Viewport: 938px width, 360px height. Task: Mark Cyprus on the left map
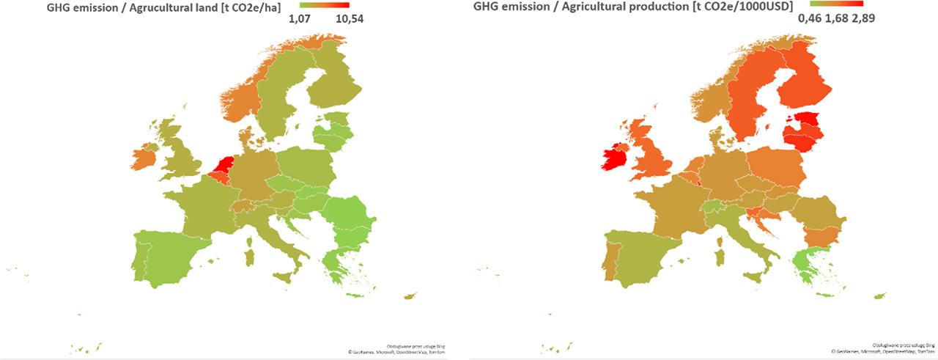tap(409, 296)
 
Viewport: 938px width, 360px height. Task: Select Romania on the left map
tap(352, 213)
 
